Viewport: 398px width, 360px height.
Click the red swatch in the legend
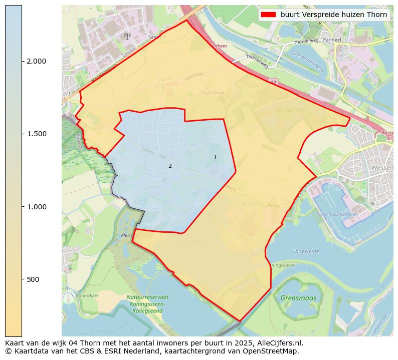268,15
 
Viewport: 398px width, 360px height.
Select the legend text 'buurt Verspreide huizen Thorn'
333,15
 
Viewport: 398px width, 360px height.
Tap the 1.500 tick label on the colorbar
36,134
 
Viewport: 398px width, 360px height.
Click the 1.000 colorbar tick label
36,207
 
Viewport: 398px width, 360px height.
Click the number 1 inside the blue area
215,158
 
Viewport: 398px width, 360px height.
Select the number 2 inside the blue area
170,166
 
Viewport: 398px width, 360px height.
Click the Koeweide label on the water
307,251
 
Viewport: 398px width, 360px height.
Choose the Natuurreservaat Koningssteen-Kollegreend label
147,304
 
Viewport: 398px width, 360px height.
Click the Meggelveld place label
291,109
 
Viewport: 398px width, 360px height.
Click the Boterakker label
87,295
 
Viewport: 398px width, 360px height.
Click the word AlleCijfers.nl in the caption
278,343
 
